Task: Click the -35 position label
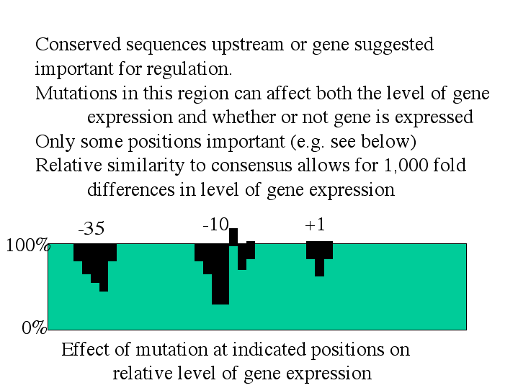[x=91, y=228]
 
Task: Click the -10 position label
[x=215, y=225]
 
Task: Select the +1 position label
[x=315, y=225]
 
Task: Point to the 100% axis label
[x=28, y=245]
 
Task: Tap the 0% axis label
[x=35, y=328]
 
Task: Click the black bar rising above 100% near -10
[x=233, y=236]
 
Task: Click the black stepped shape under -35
[x=95, y=261]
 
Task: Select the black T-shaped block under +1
[x=319, y=254]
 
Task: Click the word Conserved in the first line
[x=79, y=44]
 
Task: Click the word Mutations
[x=76, y=93]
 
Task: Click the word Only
[x=55, y=142]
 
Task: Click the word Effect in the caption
[x=85, y=349]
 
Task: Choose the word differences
[x=131, y=189]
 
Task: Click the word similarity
[x=146, y=166]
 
